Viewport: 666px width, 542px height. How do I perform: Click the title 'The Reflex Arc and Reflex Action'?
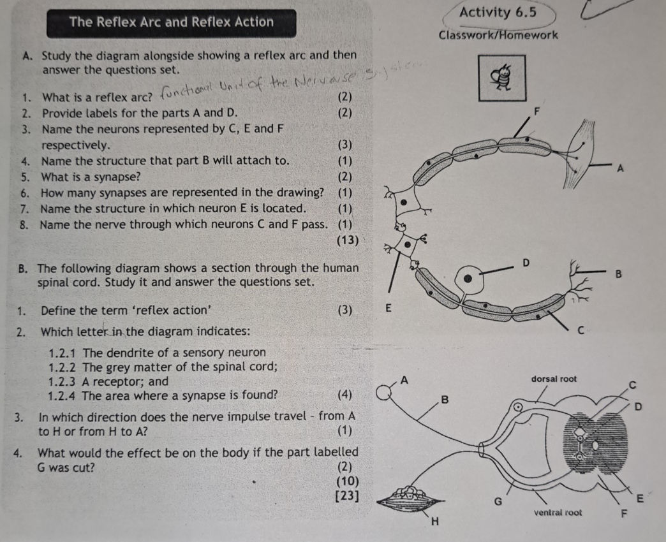pyautogui.click(x=171, y=22)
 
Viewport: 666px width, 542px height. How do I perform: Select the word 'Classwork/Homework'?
pyautogui.click(x=498, y=36)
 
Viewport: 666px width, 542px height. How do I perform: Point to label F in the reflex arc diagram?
pyautogui.click(x=536, y=111)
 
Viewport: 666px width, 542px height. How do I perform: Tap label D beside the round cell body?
pyautogui.click(x=526, y=262)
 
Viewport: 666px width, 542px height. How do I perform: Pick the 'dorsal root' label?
pyautogui.click(x=553, y=379)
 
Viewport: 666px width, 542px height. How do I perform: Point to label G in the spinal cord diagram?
pyautogui.click(x=500, y=501)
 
